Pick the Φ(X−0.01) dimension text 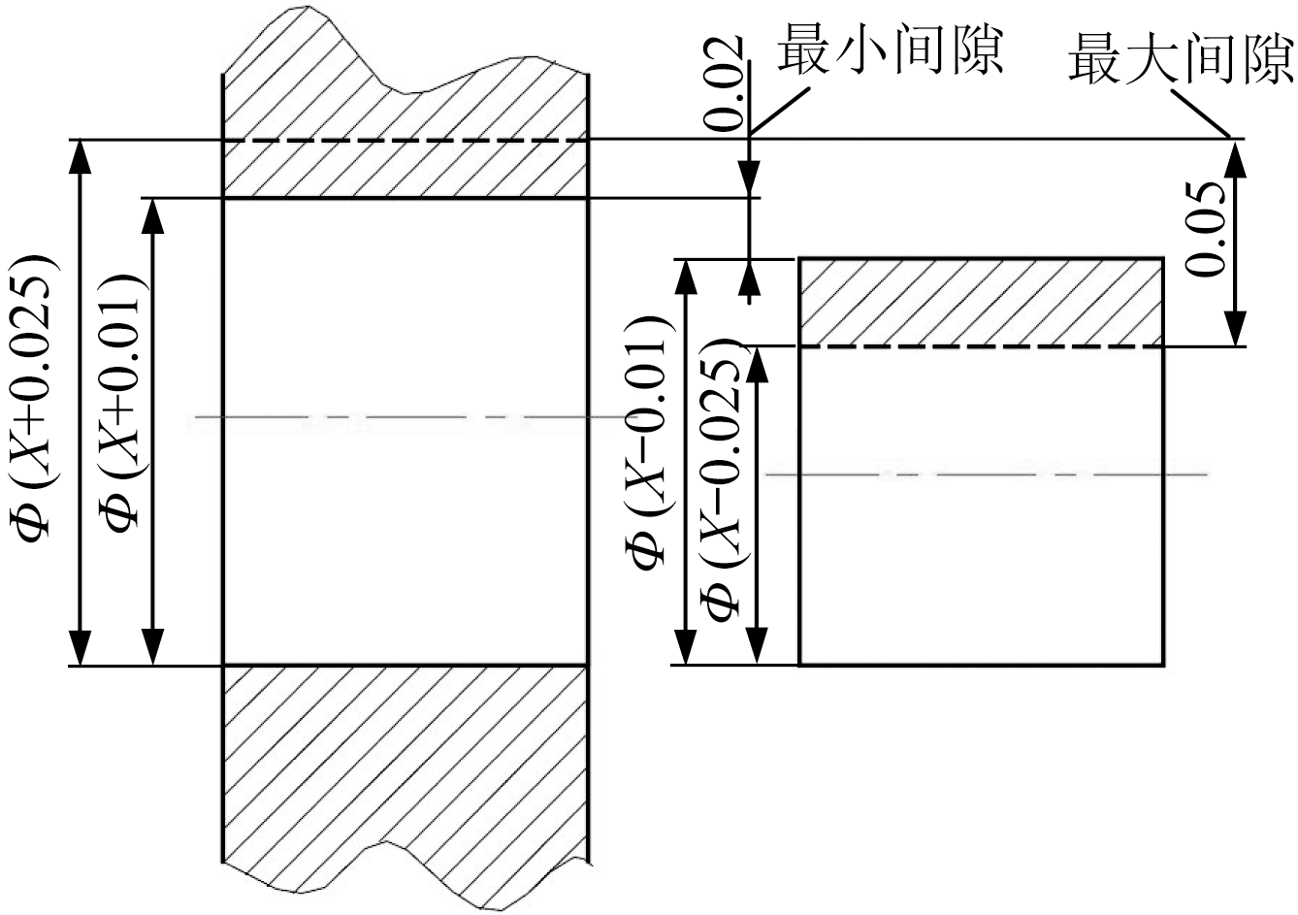648,441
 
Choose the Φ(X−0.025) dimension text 727,480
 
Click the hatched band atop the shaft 980,302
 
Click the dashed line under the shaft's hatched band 980,346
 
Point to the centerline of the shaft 985,474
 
